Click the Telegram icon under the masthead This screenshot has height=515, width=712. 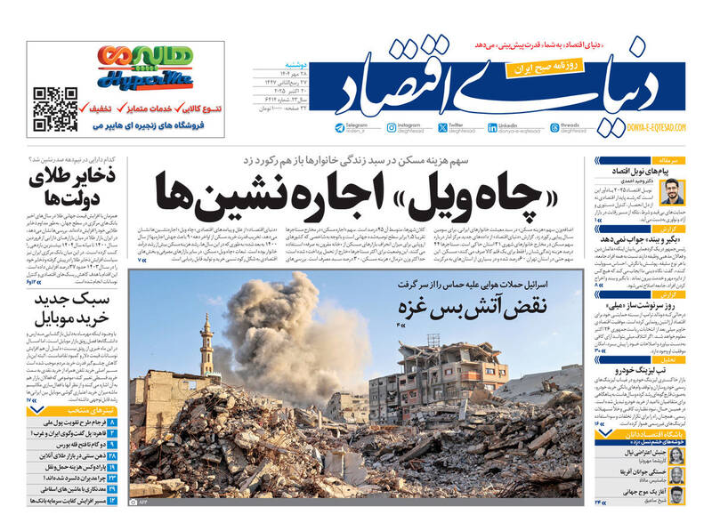[340, 128]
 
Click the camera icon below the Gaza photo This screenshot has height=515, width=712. [134, 503]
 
